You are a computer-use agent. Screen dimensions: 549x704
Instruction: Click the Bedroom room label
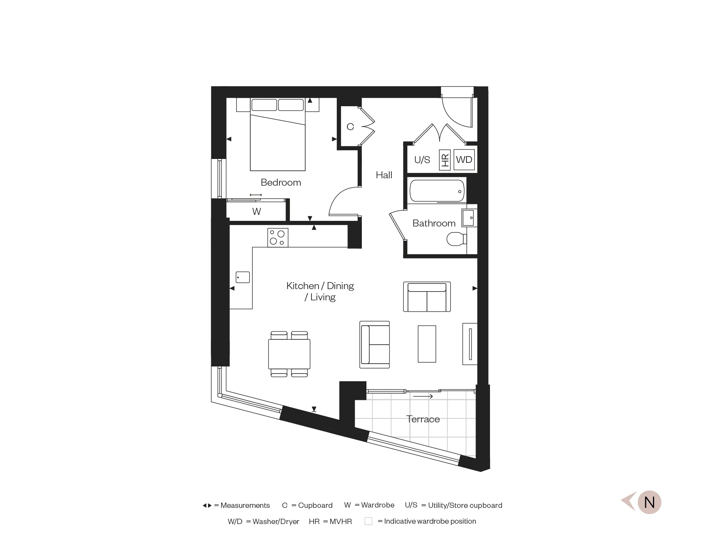(281, 182)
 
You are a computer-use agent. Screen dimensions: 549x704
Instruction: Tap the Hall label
(384, 175)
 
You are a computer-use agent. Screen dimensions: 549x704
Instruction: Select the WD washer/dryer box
(464, 160)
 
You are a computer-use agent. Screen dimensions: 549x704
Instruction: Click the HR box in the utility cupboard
(445, 160)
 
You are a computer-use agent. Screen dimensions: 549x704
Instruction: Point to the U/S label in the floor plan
(422, 160)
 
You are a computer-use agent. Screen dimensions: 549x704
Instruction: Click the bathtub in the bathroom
(437, 191)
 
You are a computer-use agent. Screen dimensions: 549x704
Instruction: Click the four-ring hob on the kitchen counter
(277, 238)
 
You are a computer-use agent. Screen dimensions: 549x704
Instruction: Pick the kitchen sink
(243, 277)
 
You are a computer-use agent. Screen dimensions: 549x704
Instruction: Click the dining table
(289, 354)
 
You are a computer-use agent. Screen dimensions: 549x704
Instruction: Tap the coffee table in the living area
(427, 344)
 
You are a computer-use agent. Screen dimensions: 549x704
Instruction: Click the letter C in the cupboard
(350, 127)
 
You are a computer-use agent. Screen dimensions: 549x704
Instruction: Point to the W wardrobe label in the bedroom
(256, 211)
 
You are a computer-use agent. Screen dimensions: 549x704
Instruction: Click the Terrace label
(423, 419)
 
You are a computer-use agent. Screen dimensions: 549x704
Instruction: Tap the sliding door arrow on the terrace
(423, 396)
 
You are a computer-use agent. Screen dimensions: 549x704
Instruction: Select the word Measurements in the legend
(245, 505)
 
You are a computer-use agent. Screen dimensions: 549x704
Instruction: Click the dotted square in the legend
(368, 521)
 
